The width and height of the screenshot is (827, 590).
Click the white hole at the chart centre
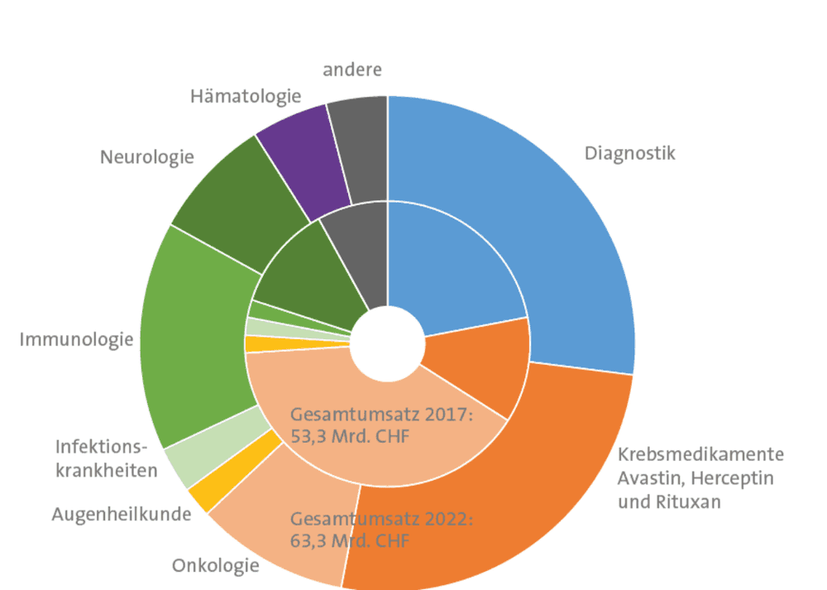coord(388,343)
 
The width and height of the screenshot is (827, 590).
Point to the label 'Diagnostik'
coord(629,154)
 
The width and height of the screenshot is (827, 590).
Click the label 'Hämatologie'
coord(246,97)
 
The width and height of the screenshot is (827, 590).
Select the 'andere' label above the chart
coord(352,70)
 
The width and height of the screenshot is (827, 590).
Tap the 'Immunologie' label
coord(76,339)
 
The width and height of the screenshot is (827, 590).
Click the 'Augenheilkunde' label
coord(122,514)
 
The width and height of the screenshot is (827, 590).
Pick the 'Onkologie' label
coord(216,566)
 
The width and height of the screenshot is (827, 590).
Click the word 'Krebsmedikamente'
coord(701,453)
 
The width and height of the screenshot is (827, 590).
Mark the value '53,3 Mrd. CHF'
coord(350,437)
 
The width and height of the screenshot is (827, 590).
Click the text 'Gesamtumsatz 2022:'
coord(382,519)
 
